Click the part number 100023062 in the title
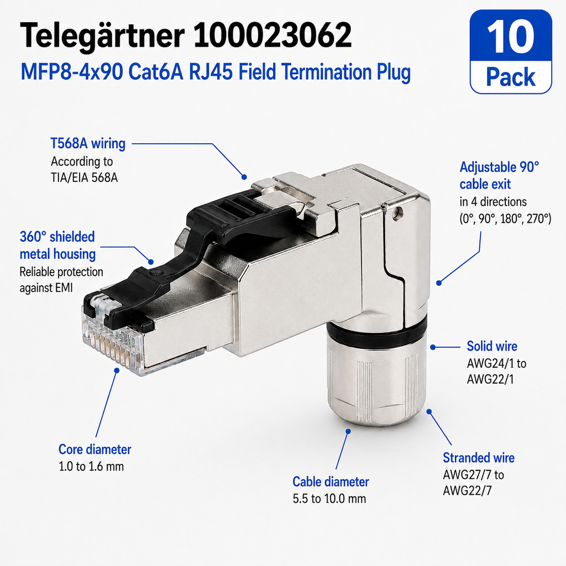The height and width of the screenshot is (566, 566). pos(272,35)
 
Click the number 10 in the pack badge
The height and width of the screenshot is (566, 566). pos(510,36)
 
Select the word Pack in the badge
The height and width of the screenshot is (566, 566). pos(511,77)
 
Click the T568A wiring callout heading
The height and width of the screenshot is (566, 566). pos(88,143)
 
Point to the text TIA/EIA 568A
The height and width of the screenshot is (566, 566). pos(84,178)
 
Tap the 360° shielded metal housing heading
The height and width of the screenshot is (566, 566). pos(57,245)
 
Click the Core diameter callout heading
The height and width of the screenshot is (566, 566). pos(95,449)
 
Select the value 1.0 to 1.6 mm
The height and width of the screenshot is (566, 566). pos(91,467)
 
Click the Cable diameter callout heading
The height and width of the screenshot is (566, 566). pos(331,482)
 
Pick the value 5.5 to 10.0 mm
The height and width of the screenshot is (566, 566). pos(329,499)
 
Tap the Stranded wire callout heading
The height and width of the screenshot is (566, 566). pos(479,458)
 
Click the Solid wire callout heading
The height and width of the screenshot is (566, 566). pos(492,346)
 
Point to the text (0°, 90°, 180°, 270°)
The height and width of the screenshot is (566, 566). pos(505,219)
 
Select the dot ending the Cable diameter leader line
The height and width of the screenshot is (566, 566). pos(348,431)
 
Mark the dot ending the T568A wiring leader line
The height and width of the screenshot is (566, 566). pos(244,177)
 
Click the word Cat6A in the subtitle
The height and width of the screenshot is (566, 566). pos(155,72)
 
